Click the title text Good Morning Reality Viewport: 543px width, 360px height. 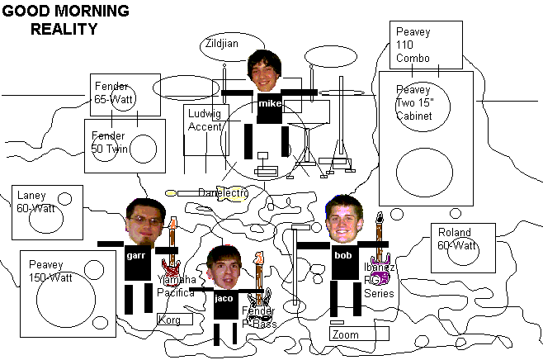point(66,21)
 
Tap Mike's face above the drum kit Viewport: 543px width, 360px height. point(265,72)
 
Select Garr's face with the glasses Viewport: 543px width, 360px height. point(142,222)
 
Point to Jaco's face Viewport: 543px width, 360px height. point(223,267)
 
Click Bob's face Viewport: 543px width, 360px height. point(343,220)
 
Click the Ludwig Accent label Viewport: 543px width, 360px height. point(205,120)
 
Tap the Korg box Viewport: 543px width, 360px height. point(173,319)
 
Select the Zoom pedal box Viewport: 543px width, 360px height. point(358,334)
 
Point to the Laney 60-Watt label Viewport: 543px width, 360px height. point(35,201)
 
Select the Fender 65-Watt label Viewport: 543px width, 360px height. point(116,92)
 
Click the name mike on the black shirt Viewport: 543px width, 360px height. point(269,105)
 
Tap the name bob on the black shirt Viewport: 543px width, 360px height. point(342,256)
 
